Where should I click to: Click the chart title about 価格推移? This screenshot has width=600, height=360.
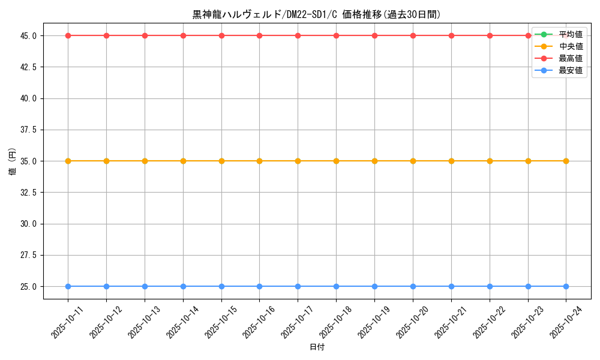point(317,14)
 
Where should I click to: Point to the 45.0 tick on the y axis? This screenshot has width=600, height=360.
point(28,35)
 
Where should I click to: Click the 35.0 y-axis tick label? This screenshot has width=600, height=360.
point(28,161)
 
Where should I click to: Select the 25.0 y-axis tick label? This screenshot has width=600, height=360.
point(28,286)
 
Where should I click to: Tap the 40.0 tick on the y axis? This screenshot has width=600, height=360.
point(28,98)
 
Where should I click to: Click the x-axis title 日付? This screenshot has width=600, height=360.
point(317,347)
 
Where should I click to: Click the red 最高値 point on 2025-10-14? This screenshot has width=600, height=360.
point(183,35)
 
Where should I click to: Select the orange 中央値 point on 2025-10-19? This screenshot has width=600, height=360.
point(374,161)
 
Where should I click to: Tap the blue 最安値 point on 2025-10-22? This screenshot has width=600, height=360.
point(490,286)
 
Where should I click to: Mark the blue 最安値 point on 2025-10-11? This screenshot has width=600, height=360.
point(68,286)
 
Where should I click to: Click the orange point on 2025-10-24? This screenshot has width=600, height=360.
point(566,161)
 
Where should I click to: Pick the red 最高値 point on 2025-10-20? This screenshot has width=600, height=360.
point(413,35)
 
